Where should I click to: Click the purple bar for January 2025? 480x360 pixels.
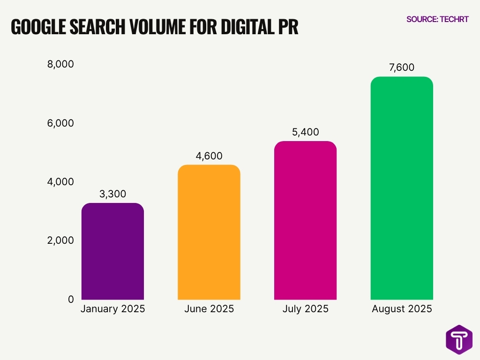[112, 251]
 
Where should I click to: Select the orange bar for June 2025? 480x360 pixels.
[209, 232]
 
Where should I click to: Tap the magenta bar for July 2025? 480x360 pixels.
[305, 220]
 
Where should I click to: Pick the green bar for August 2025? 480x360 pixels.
[402, 188]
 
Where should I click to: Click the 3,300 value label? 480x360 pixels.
[113, 194]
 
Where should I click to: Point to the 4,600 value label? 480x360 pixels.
[209, 156]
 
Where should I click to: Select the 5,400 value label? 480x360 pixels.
[305, 132]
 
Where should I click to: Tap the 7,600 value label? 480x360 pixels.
[402, 67]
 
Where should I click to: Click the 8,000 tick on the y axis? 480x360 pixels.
[60, 64]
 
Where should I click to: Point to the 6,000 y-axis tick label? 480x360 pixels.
[60, 123]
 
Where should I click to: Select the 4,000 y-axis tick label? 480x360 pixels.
[60, 182]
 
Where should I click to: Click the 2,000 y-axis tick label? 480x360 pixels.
[60, 240]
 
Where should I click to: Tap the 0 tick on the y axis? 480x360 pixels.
[70, 299]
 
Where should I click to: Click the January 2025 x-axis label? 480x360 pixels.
[112, 309]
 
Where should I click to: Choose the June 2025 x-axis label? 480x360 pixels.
[209, 309]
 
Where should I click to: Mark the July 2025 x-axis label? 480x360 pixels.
[305, 309]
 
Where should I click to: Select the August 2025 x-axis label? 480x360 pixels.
[402, 309]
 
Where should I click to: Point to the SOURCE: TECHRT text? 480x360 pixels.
[437, 19]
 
